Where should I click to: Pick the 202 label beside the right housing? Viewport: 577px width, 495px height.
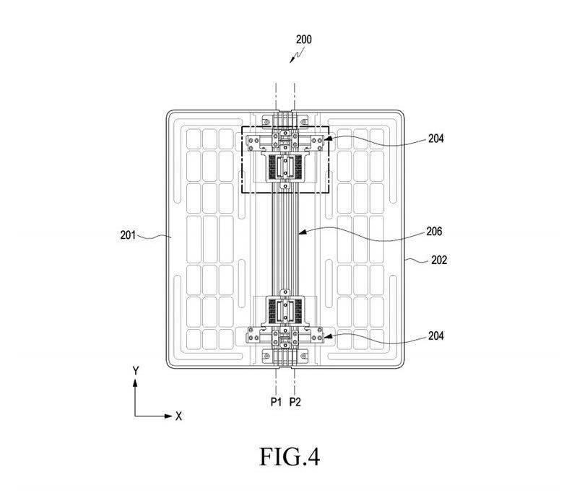coord(439,260)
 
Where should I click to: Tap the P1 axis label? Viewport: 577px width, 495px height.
coord(276,402)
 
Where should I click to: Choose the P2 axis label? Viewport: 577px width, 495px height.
coord(295,402)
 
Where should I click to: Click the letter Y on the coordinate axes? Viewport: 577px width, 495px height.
coord(135,369)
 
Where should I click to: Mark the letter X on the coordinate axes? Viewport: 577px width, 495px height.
coord(178,416)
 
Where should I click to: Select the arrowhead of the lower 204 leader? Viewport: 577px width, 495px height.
coord(325,335)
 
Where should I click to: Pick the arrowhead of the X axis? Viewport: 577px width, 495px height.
coord(168,416)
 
